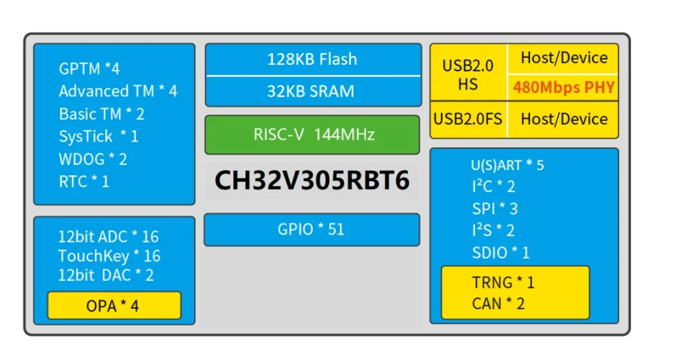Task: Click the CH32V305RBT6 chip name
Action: (x=312, y=181)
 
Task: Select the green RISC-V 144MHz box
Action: (x=312, y=135)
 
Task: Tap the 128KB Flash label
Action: (x=312, y=60)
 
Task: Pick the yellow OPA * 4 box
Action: (x=113, y=306)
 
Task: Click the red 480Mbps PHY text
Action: (x=564, y=87)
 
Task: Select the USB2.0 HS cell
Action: (x=468, y=74)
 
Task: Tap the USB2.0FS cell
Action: (x=468, y=119)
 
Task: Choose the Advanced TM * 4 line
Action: (x=118, y=91)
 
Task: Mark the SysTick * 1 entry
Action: (x=98, y=137)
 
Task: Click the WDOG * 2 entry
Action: (x=93, y=159)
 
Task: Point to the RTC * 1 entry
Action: (x=84, y=182)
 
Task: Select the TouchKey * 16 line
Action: (x=109, y=256)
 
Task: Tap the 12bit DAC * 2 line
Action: (x=106, y=275)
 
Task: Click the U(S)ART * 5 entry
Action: (x=507, y=165)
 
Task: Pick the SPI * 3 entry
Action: (x=494, y=208)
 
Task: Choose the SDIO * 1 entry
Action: (x=500, y=252)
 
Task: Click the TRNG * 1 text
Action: (x=503, y=282)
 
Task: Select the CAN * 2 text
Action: (x=498, y=303)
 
